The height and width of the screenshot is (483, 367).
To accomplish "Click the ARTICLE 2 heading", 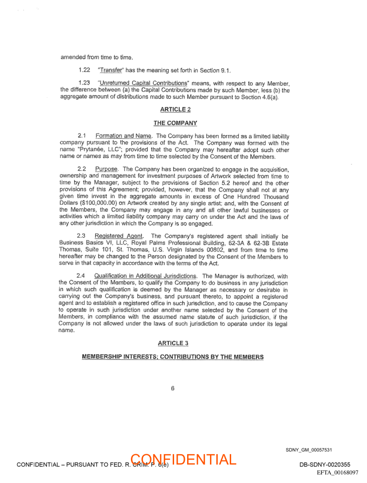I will coord(173,109).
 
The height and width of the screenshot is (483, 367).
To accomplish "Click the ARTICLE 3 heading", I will coord(173,343).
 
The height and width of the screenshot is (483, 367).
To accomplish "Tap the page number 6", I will coord(173,388).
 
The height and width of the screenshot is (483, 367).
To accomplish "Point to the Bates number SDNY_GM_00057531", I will coord(309,450).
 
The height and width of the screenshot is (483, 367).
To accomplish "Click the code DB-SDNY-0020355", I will coord(324,465).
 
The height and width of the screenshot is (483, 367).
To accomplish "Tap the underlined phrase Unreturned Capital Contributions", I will coord(143,83).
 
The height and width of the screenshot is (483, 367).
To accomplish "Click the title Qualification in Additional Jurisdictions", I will coord(145,276).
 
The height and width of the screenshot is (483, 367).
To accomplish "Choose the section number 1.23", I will coord(84,83).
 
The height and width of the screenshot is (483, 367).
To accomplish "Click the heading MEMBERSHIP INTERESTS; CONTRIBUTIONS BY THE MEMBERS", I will coord(173,357).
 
